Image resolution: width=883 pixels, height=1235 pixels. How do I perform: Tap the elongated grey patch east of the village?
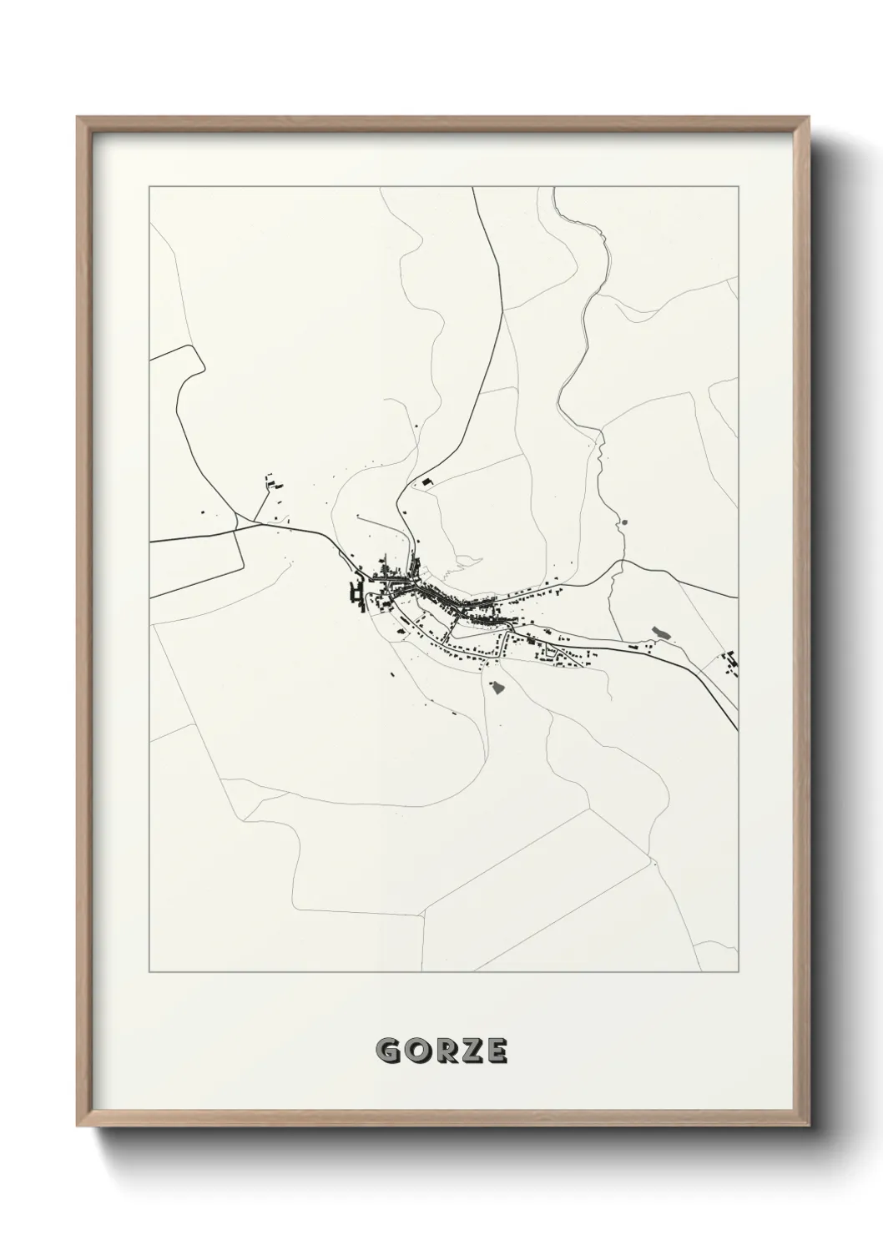[659, 633]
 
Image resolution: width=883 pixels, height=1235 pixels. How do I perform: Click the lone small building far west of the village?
[200, 512]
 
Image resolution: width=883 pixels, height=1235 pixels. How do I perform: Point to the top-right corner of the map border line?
[739, 188]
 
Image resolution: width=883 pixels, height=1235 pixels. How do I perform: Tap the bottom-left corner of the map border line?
[149, 972]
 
